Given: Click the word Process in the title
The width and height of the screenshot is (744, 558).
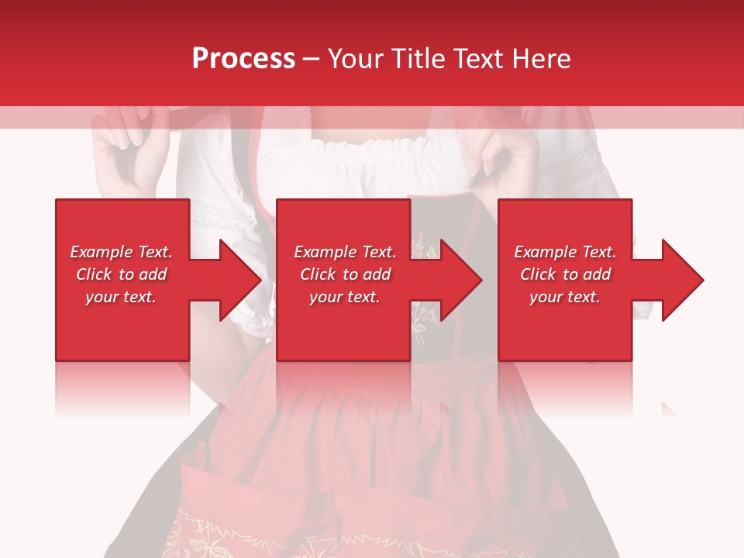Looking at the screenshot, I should [x=243, y=58].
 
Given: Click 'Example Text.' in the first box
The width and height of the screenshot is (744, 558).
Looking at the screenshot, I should [x=121, y=252].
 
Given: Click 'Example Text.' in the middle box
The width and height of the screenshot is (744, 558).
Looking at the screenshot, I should [x=344, y=252].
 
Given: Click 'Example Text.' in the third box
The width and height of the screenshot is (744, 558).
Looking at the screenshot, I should [x=565, y=252].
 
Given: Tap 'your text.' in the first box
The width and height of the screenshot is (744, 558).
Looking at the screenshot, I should [x=121, y=297].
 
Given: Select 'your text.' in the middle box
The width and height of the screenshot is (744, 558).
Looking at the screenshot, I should [x=344, y=297].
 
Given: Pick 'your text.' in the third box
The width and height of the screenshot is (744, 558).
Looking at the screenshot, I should [x=565, y=297].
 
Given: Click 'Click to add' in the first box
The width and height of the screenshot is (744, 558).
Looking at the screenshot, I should [x=121, y=274].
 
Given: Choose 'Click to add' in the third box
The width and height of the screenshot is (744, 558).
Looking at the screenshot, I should [x=565, y=274].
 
